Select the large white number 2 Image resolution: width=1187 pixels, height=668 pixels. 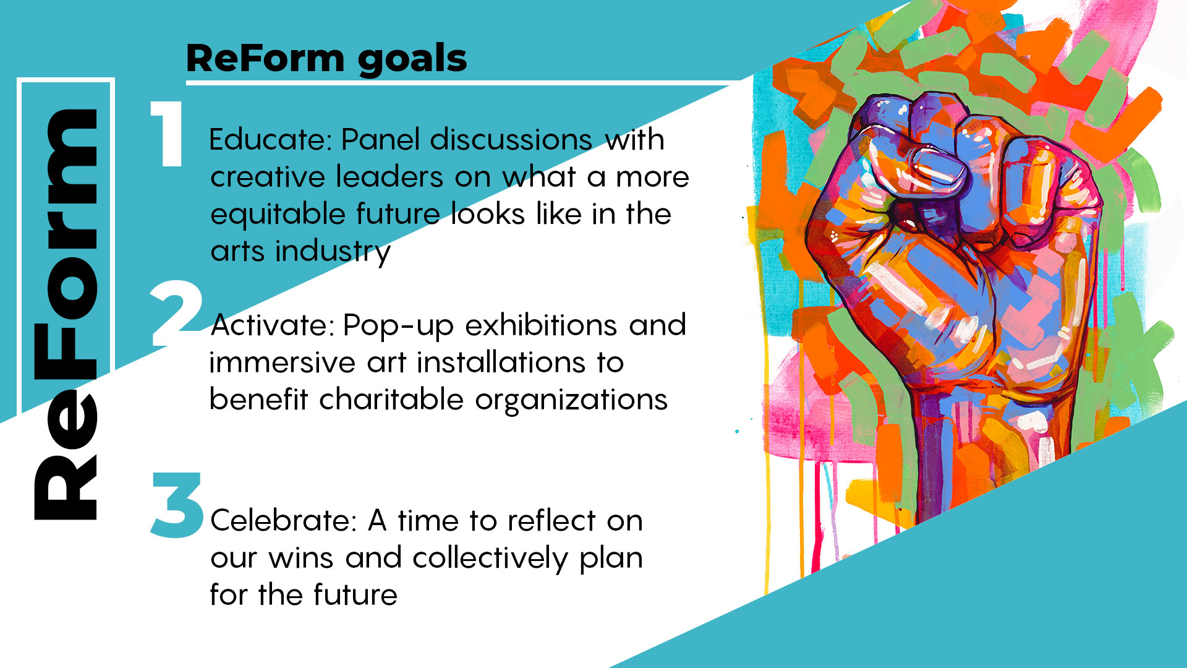click(x=177, y=313)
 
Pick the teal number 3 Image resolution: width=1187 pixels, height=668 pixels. click(x=177, y=505)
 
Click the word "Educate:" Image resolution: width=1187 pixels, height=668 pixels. click(x=271, y=140)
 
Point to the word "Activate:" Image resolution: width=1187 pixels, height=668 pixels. click(x=273, y=325)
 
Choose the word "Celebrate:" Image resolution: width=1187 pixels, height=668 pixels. click(x=284, y=520)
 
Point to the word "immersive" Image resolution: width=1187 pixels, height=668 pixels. click(x=283, y=362)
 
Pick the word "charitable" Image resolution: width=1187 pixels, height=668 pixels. click(x=391, y=400)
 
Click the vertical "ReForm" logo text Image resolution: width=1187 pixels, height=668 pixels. click(x=66, y=314)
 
